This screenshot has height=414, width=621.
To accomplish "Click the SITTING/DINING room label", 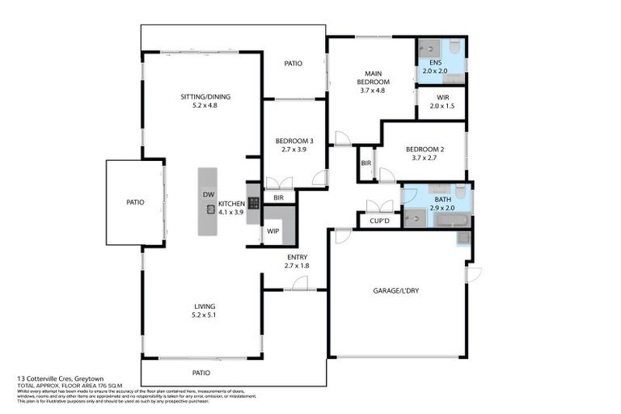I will pyautogui.click(x=205, y=97).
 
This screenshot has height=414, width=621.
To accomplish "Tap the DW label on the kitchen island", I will pyautogui.click(x=208, y=195).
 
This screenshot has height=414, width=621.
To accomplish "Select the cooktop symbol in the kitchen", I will pyautogui.click(x=253, y=203).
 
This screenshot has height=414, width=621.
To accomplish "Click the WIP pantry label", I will pyautogui.click(x=272, y=231).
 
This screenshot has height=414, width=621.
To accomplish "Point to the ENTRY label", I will pyautogui.click(x=296, y=257).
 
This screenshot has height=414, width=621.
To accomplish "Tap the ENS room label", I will pyautogui.click(x=435, y=62).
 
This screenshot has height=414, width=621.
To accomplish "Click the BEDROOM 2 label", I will pyautogui.click(x=425, y=149).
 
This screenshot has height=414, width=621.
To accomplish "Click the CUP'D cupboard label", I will pyautogui.click(x=379, y=219).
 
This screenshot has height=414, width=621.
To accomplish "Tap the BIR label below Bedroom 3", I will pyautogui.click(x=278, y=197).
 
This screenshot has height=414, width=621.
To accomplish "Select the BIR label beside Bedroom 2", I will pyautogui.click(x=366, y=163).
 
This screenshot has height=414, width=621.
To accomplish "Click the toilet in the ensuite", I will pyautogui.click(x=454, y=45).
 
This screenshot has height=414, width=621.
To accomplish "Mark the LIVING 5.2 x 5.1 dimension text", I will pyautogui.click(x=205, y=315).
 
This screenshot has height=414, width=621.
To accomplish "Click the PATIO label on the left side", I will pyautogui.click(x=134, y=202).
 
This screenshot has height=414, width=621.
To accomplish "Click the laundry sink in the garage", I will pyautogui.click(x=463, y=237).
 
